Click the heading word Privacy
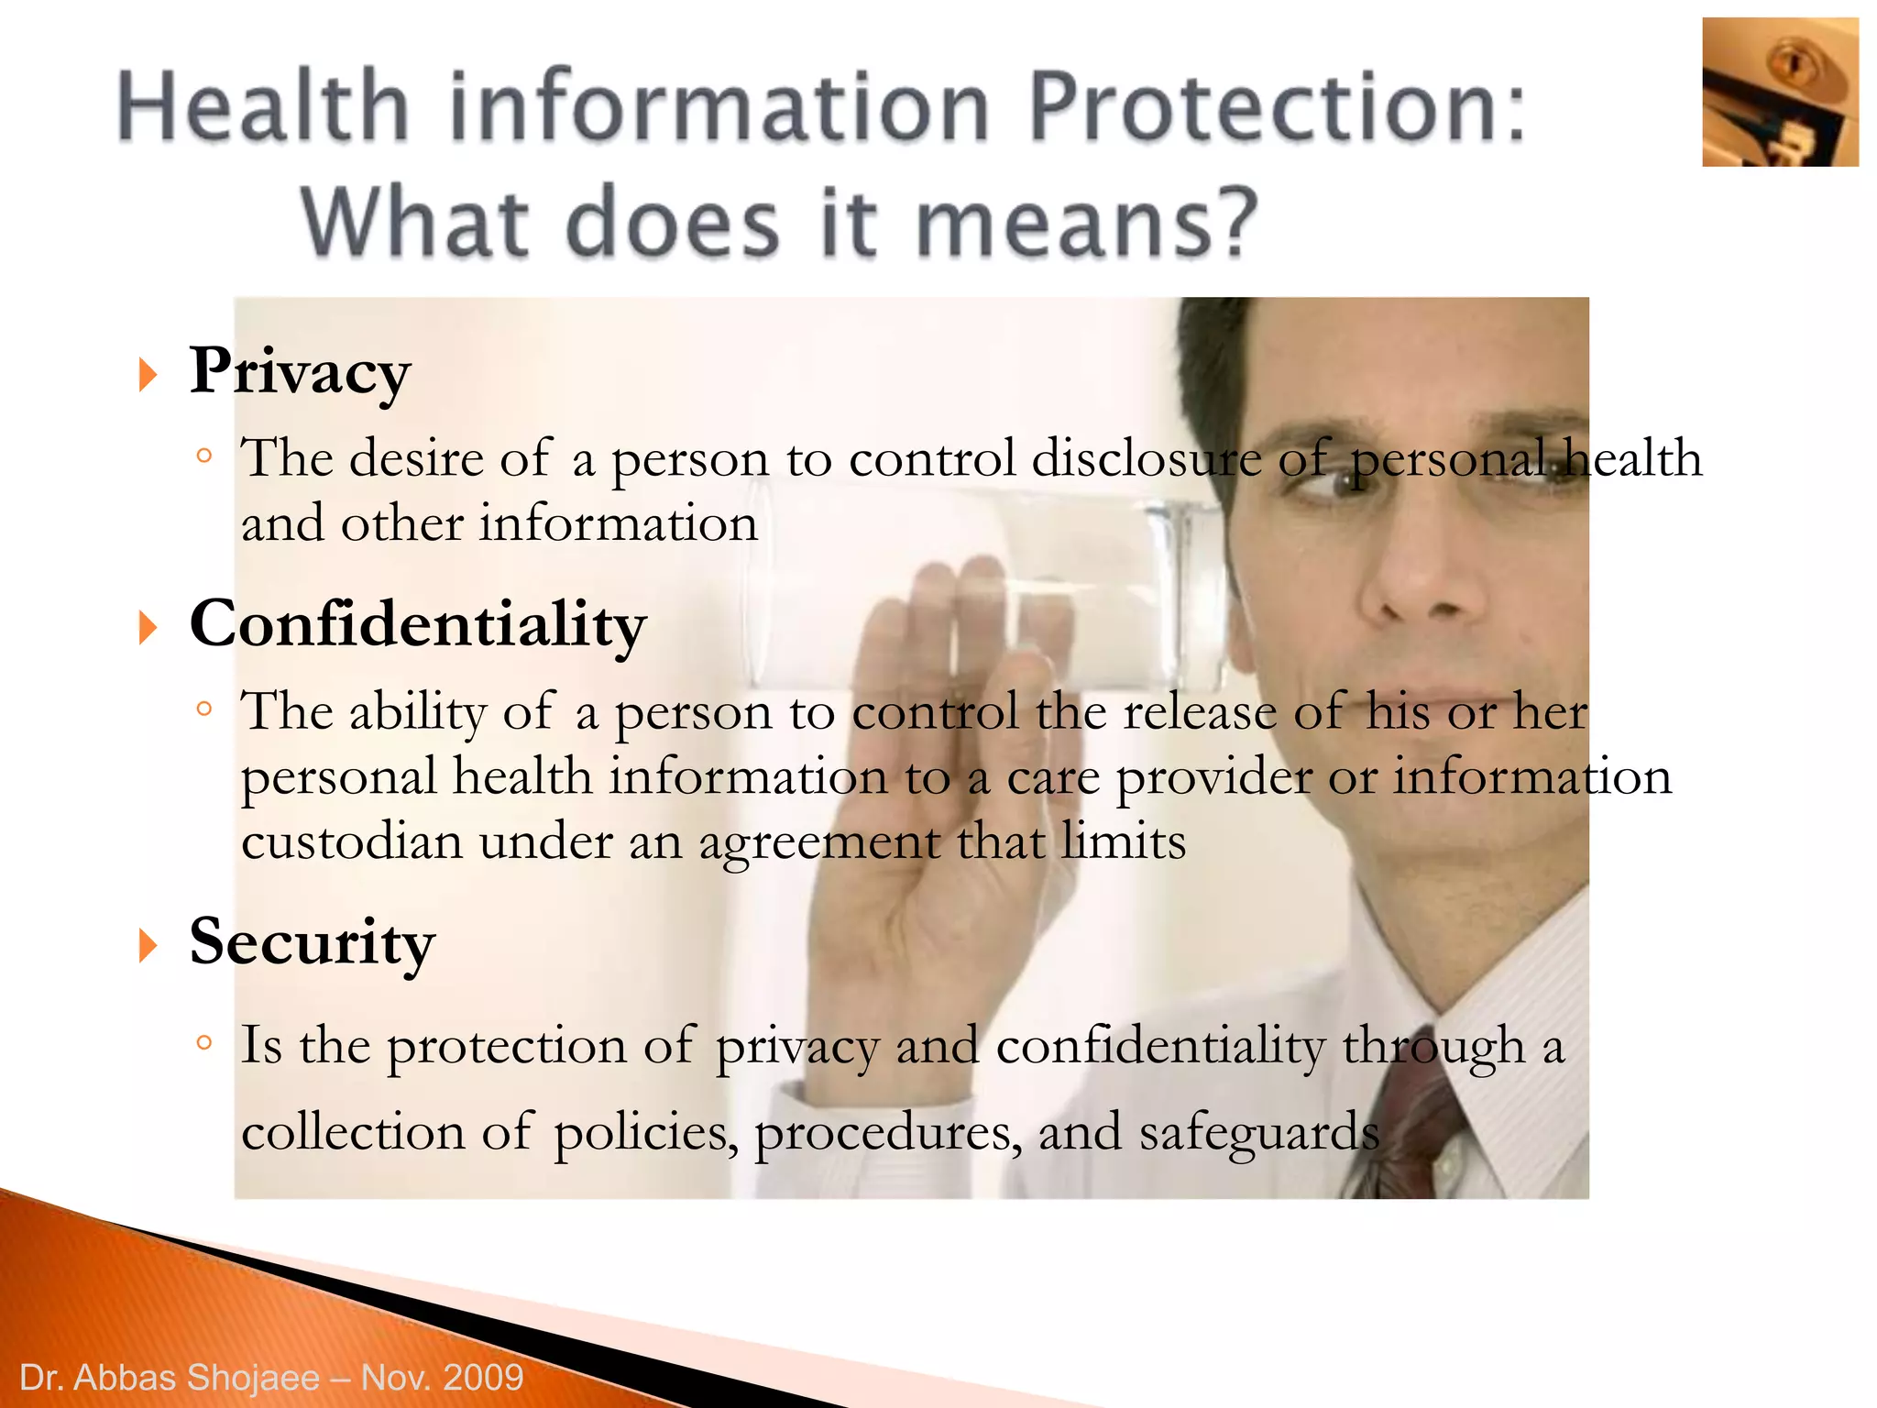300,372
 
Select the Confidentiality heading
418,625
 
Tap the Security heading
312,942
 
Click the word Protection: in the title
1277,108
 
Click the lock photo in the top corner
1779,92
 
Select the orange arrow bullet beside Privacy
148,375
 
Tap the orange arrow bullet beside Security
148,945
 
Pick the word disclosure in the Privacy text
1147,458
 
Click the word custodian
351,841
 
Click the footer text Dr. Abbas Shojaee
170,1378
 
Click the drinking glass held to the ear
990,587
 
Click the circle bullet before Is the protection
204,1042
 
